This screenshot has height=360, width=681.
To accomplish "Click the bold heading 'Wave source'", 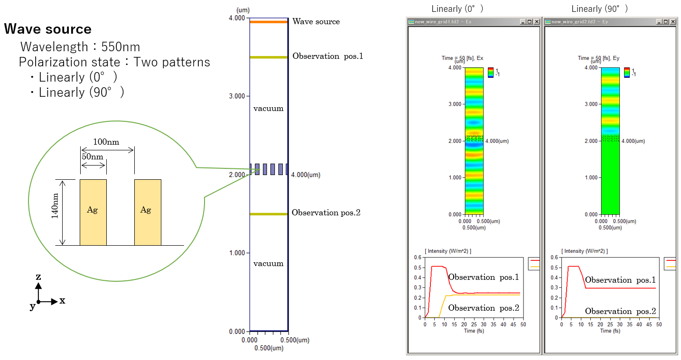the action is click(48, 29).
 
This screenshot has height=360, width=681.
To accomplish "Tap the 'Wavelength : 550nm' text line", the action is click(80, 47).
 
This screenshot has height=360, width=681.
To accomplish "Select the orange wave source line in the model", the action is click(269, 22).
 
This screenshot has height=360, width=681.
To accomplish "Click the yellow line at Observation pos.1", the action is click(269, 57).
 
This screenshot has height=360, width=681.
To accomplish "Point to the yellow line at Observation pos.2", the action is click(269, 214).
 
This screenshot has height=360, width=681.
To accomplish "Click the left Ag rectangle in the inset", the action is click(93, 212).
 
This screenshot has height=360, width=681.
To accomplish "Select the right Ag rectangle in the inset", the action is click(148, 212).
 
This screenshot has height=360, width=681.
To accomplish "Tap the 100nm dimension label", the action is click(106, 142).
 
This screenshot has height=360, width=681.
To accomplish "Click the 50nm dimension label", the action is click(93, 157).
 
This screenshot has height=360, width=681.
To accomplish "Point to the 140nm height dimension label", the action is click(55, 206).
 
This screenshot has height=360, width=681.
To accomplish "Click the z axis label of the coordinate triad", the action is click(38, 277).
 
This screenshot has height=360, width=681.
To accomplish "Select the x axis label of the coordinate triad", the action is click(62, 301).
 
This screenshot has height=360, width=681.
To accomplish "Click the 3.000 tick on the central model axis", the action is click(237, 96).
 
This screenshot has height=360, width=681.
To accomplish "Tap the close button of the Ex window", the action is click(537, 21).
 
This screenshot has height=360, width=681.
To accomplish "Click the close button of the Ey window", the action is click(673, 21).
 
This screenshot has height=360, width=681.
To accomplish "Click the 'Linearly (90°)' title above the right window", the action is click(599, 9).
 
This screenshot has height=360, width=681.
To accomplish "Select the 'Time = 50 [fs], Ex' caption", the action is click(462, 58).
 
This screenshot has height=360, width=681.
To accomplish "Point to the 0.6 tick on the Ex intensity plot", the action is click(418, 258).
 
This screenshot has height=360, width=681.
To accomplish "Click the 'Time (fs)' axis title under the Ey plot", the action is click(610, 331).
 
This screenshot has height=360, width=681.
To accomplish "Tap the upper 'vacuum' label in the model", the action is click(269, 109).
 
